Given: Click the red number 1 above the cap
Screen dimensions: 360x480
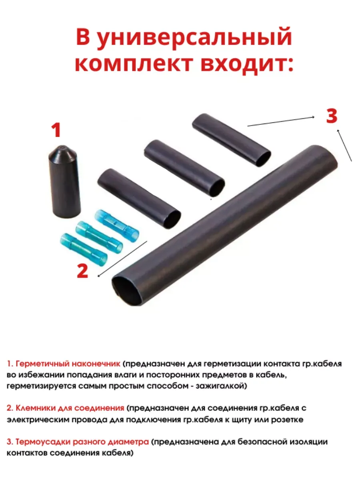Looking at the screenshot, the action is point(56,130).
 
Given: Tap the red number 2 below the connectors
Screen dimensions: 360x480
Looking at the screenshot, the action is point(82,271).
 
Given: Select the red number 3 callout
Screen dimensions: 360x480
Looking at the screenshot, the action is point(332,116).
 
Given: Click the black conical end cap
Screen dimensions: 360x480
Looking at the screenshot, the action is point(64,181).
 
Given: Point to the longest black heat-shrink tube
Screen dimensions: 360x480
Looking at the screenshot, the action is point(225,225).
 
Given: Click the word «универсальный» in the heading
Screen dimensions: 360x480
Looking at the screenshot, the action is point(194,38).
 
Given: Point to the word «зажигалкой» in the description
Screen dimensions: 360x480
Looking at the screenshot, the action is point(221,386).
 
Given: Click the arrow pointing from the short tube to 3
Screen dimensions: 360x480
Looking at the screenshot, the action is point(281,122).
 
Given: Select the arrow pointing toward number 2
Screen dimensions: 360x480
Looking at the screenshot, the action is point(122,259).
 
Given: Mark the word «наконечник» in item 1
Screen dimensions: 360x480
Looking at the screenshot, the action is point(96,364).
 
